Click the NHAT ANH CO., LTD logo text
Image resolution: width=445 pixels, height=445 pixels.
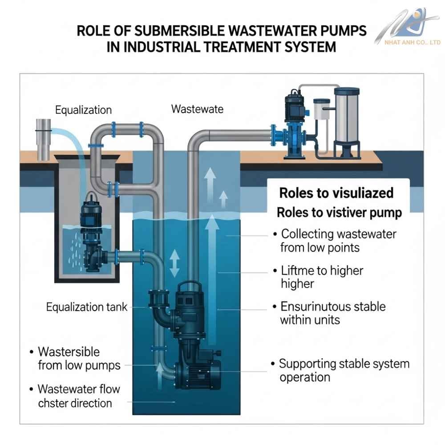pyautogui.click(x=413, y=42)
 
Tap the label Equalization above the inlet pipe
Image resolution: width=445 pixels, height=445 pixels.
pyautogui.click(x=83, y=110)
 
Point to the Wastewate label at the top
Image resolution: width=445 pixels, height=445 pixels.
pyautogui.click(x=197, y=109)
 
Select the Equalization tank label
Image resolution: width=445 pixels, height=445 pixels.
pyautogui.click(x=87, y=307)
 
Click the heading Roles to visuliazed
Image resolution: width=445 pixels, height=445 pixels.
pyautogui.click(x=336, y=193)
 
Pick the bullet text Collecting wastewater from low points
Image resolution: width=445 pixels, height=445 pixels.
pyautogui.click(x=338, y=240)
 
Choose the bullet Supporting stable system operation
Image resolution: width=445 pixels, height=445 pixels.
pyautogui.click(x=344, y=370)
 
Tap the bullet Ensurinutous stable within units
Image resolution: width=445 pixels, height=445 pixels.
pyautogui.click(x=332, y=313)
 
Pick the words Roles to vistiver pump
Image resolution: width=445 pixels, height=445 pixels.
pyautogui.click(x=339, y=212)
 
